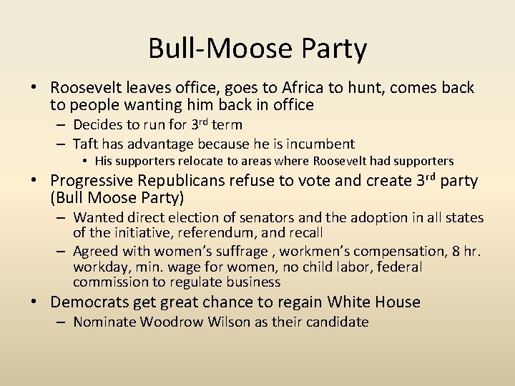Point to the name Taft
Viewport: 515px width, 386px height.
pyautogui.click(x=87, y=144)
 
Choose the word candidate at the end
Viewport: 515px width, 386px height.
pyautogui.click(x=336, y=322)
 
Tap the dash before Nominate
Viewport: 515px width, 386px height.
pyautogui.click(x=63, y=322)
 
